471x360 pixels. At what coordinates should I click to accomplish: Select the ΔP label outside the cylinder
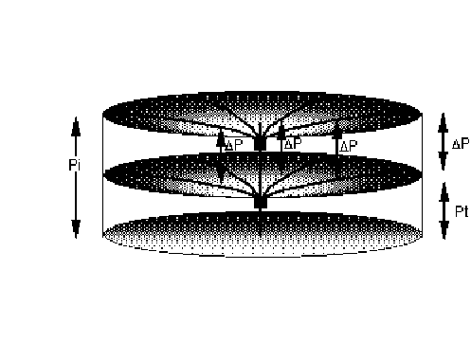462,144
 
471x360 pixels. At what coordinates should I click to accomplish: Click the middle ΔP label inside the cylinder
293,144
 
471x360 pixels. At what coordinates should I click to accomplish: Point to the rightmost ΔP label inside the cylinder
348,146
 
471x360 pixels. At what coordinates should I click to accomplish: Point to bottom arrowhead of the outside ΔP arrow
444,163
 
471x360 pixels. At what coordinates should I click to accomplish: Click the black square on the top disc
261,144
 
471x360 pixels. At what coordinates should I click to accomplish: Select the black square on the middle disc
261,202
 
